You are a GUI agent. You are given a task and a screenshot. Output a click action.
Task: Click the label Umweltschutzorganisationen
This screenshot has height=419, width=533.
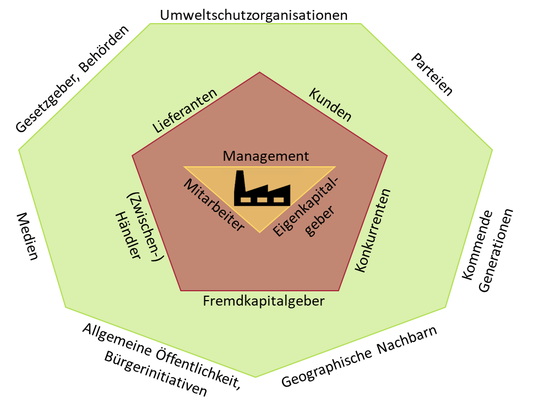pyautogui.click(x=254, y=15)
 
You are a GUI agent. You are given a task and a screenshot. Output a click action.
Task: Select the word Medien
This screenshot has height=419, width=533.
pyautogui.click(x=27, y=236)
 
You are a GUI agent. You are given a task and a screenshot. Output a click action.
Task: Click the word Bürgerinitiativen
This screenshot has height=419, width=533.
pyautogui.click(x=155, y=373)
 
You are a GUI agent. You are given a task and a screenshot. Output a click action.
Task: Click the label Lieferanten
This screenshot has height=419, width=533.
pyautogui.click(x=184, y=111)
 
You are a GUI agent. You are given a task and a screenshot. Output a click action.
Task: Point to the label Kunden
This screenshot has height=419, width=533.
pyautogui.click(x=330, y=105)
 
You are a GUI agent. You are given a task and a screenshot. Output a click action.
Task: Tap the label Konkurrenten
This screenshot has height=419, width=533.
pyautogui.click(x=373, y=230)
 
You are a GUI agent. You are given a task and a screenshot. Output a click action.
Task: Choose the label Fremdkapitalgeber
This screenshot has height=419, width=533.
pyautogui.click(x=264, y=301)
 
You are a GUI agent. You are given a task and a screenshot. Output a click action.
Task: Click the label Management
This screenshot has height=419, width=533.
pyautogui.click(x=266, y=156)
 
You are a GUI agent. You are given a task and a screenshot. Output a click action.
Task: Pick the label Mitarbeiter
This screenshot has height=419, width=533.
pyautogui.click(x=214, y=205)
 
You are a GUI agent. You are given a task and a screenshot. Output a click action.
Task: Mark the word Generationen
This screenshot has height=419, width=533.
pyautogui.click(x=496, y=250)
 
